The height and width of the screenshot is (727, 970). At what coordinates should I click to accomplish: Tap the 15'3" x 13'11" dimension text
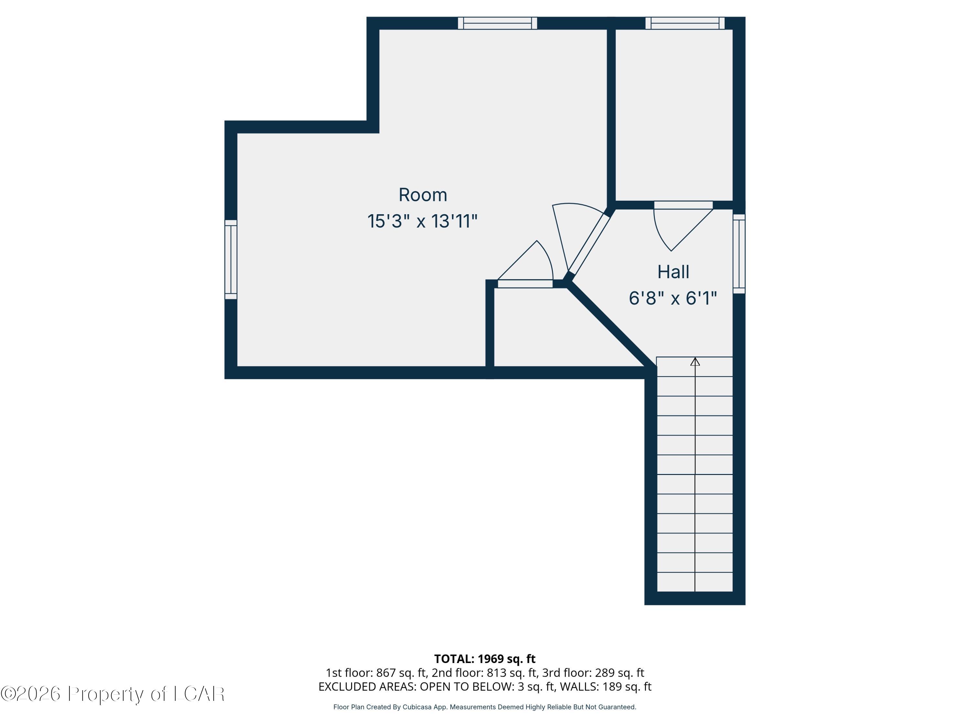click(422, 221)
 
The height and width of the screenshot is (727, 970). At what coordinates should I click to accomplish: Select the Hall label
click(673, 272)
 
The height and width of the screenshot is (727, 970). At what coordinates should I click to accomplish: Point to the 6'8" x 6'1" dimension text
click(673, 299)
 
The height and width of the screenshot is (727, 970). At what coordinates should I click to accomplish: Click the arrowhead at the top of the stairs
click(695, 362)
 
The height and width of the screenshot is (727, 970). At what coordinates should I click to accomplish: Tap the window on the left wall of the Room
click(231, 259)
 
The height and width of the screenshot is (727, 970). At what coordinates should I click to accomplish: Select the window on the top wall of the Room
click(497, 23)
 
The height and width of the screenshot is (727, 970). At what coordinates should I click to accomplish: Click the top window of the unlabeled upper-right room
click(685, 23)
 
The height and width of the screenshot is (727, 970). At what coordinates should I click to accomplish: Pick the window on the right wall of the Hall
click(739, 254)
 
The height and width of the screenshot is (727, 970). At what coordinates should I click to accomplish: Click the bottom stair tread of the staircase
click(695, 582)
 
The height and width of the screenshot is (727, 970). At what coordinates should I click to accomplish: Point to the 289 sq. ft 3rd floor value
click(619, 673)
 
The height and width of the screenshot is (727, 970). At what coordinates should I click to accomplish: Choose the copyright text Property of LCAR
click(146, 694)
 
